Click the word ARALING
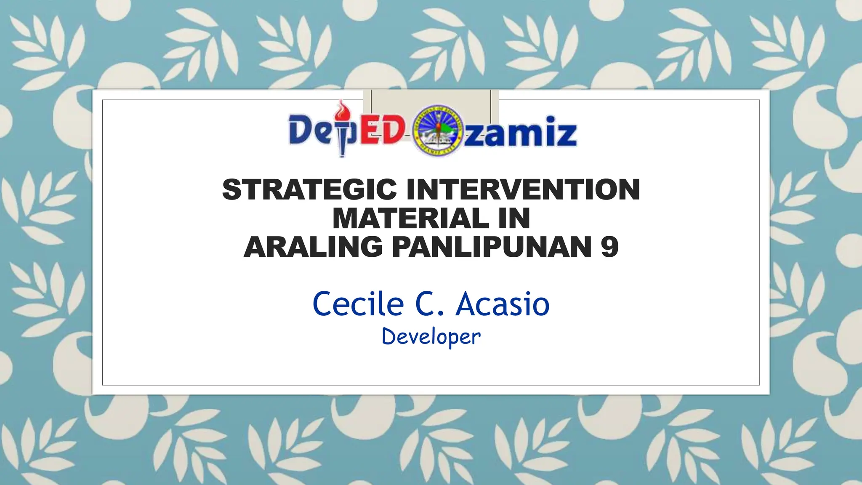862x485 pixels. pos(313,247)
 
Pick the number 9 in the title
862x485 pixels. pos(609,247)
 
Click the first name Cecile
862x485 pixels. pos(358,304)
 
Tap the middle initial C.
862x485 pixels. pos(429,304)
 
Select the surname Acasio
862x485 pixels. pos(503,304)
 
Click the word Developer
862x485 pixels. pos(431,337)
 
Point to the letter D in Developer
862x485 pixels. pos(388,337)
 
